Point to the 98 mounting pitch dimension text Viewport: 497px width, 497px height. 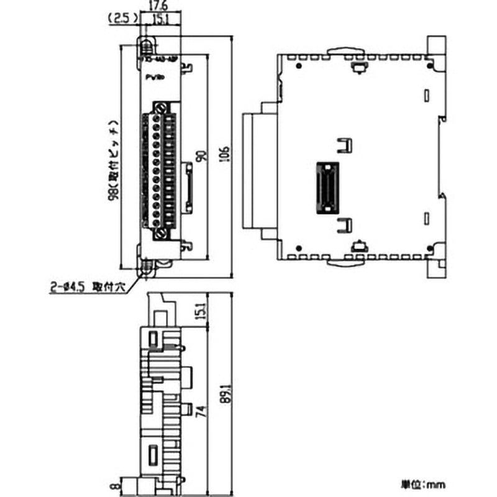112,158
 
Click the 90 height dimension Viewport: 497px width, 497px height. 199,155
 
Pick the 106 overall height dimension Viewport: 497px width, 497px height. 225,155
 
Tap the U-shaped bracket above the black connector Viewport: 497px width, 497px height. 344,145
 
